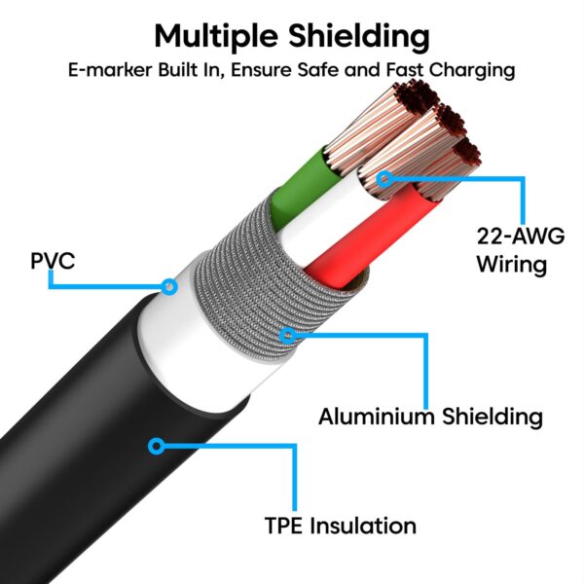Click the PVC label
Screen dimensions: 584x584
(53, 262)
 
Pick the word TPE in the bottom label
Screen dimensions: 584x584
(284, 527)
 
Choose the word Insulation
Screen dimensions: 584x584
(363, 527)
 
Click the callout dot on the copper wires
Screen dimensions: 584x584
(383, 178)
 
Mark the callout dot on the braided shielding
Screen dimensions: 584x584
(286, 337)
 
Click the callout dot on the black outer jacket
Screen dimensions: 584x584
(155, 447)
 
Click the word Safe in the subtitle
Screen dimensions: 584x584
(341, 71)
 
